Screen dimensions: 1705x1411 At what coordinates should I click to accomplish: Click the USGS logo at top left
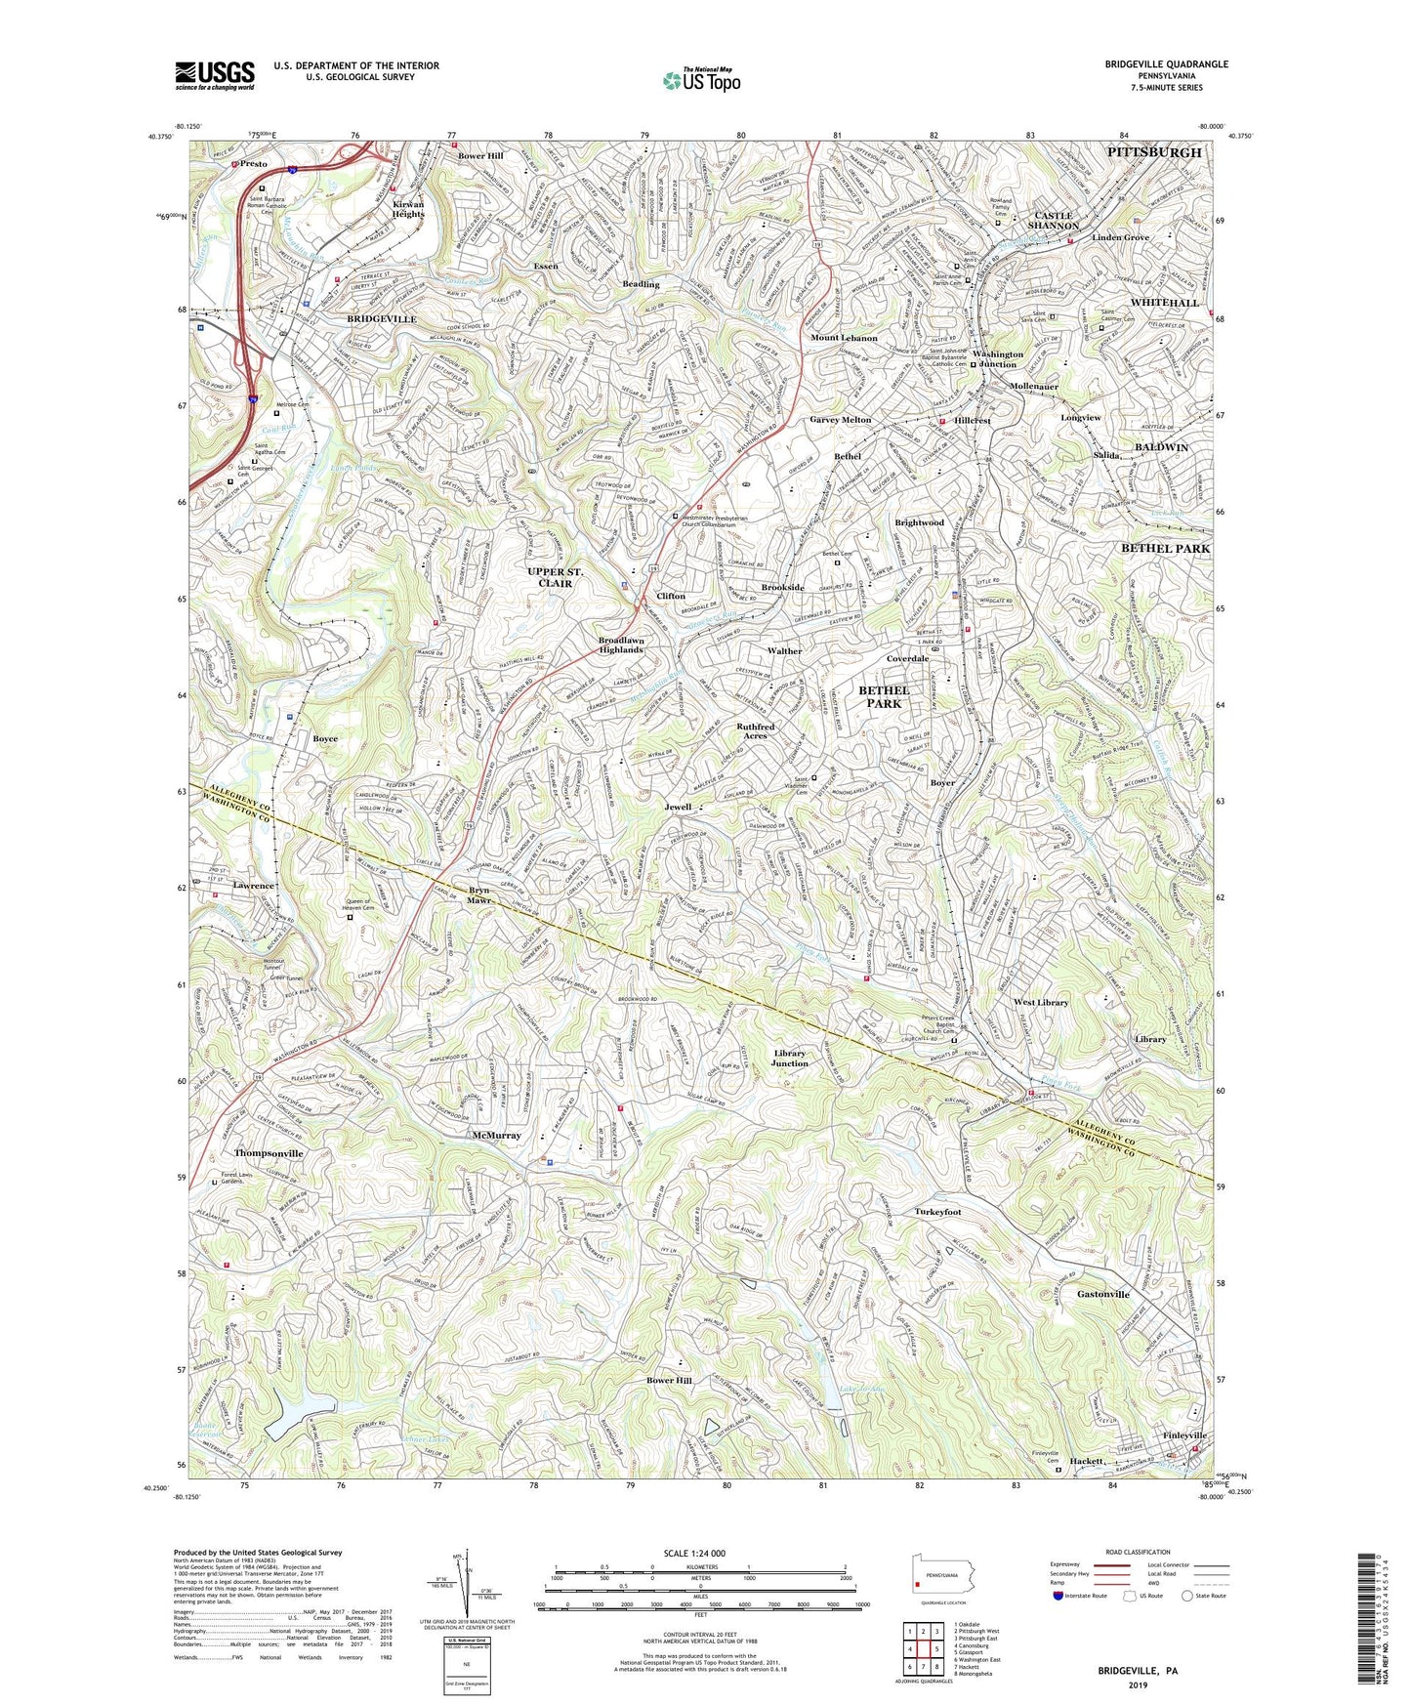click(214, 75)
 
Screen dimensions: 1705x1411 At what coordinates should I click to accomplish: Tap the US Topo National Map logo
click(700, 79)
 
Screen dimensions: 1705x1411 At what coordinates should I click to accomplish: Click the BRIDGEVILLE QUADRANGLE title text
click(1166, 64)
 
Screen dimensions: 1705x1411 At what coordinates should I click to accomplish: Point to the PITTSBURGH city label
click(1154, 152)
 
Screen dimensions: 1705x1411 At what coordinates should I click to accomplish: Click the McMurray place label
click(496, 1136)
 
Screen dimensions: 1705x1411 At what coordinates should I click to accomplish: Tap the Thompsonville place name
click(269, 1153)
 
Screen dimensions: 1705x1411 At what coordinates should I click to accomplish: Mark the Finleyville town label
click(1184, 1435)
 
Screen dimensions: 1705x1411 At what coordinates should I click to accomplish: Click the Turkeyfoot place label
click(937, 1212)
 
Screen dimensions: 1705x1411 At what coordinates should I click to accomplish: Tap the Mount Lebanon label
click(844, 338)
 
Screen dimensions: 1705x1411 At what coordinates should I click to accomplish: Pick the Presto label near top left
click(254, 164)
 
